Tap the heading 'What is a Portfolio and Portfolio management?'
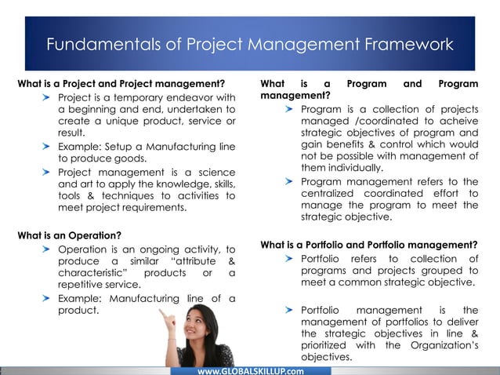pos(369,243)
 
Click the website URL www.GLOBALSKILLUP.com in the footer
pos(251,370)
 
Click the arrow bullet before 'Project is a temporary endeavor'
pos(48,97)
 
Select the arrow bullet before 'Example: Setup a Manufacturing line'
pos(48,146)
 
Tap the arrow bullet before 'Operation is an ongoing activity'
pos(48,249)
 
